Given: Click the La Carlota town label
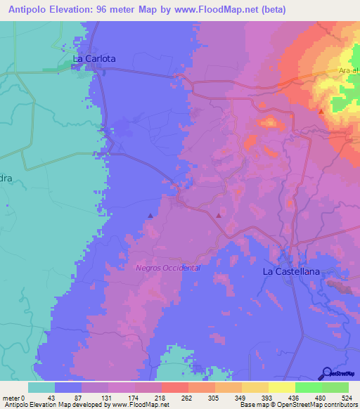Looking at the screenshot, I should [94, 58].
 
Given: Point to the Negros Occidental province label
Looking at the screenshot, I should [168, 268].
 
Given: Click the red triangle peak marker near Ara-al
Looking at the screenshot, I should [321, 111].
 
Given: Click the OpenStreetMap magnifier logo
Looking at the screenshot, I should [328, 372].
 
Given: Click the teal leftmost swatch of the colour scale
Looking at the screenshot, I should [41, 387].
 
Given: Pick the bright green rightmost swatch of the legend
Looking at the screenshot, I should [335, 387].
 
